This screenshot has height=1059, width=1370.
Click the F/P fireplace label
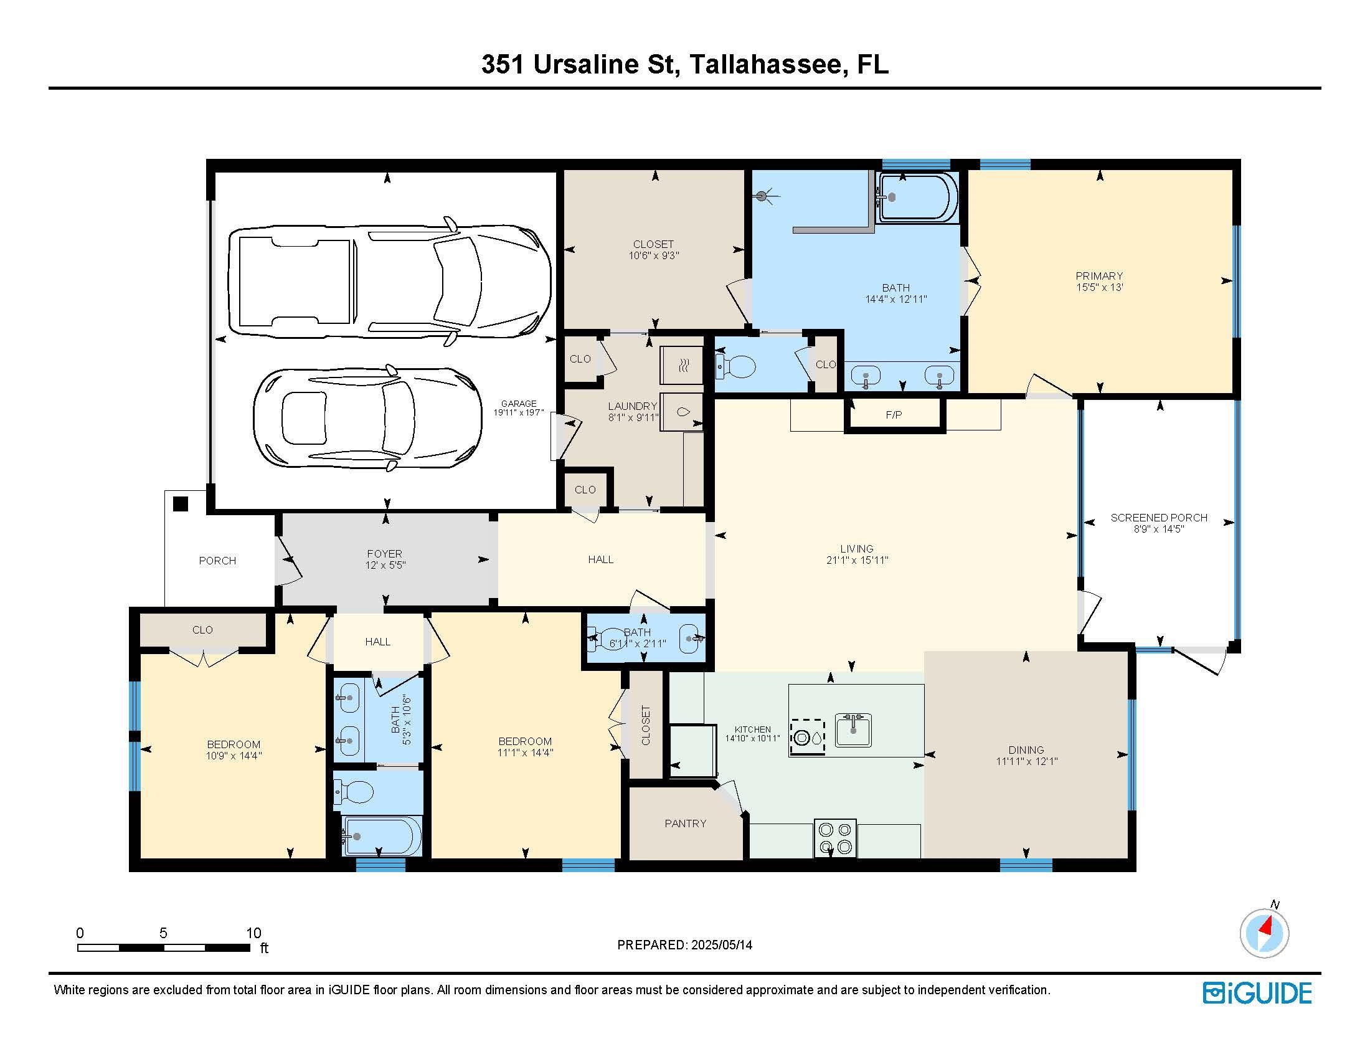point(894,415)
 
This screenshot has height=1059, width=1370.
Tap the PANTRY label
point(686,823)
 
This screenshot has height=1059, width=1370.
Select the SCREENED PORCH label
point(1159,518)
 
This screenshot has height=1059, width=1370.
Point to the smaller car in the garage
point(367,418)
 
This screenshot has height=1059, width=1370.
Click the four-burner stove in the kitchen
point(835,838)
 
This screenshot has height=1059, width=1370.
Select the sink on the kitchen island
point(853,730)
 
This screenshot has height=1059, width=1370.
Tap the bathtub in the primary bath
point(918,197)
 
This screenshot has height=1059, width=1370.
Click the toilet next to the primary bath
point(735,366)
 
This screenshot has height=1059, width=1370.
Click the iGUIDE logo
point(1257,993)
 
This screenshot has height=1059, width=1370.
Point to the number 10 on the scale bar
point(253,933)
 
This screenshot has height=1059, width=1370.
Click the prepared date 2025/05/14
point(720,945)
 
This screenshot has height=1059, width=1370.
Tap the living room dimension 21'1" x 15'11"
point(857,560)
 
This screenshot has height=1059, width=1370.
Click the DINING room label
point(1026,749)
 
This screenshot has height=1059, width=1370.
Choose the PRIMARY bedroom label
point(1099,276)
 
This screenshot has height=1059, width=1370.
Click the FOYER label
point(384,554)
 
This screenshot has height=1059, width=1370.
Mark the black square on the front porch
point(181,504)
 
